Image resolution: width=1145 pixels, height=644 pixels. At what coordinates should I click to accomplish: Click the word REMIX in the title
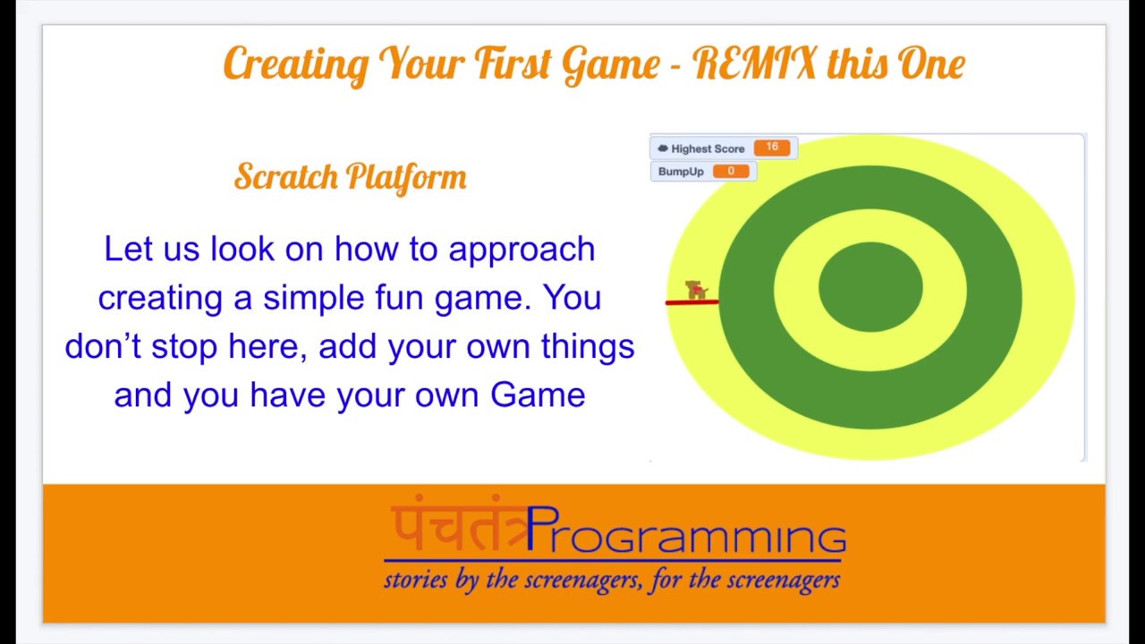(754, 63)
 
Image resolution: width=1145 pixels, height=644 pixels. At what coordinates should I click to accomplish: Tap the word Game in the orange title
(611, 65)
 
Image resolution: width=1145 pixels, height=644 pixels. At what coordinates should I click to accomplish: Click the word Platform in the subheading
(406, 178)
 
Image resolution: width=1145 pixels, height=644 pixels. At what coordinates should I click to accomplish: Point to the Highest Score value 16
(772, 148)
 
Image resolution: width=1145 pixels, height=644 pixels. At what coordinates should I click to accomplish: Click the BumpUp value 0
(731, 171)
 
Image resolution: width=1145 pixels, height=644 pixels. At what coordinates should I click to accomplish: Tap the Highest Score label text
(708, 148)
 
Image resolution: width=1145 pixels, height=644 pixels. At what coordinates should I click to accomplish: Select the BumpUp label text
(681, 172)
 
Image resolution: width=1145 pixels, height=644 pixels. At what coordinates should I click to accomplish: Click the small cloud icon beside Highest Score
(663, 148)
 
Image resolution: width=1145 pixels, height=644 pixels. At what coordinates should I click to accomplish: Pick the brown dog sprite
(696, 289)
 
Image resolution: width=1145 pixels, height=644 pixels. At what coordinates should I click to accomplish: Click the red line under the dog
(692, 302)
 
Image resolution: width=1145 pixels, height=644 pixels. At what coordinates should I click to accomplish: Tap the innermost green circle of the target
(870, 287)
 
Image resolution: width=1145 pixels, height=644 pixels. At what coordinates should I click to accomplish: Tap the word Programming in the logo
(686, 530)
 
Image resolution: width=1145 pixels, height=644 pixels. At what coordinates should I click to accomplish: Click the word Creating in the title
(296, 65)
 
